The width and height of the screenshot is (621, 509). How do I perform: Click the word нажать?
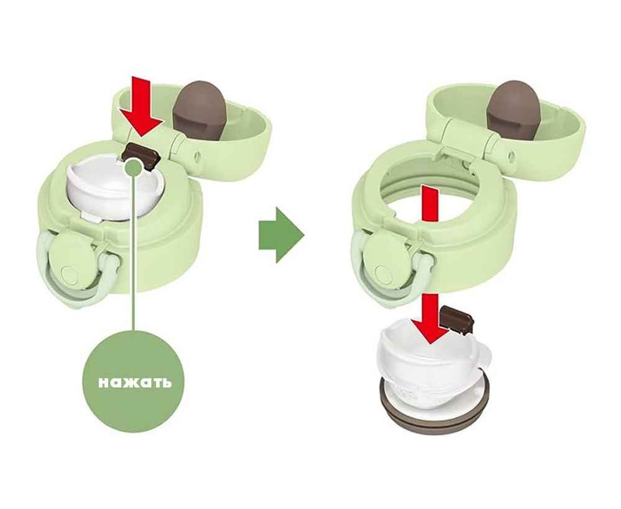[x=135, y=383]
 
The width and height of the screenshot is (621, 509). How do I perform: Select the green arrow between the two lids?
[x=281, y=235]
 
